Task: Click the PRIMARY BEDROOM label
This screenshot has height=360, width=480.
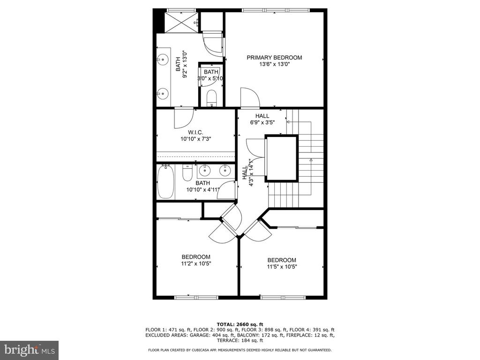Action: coord(274,58)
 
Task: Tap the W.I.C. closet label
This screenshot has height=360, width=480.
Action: coord(195,132)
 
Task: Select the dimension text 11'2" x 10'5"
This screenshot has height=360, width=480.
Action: coord(196,263)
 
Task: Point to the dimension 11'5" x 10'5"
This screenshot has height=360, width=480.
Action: coord(282,267)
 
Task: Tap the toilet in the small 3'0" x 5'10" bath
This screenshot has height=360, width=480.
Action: coord(211,97)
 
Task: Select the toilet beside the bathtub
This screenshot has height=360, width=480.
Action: coord(187,172)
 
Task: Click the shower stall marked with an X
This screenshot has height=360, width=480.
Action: coord(181,22)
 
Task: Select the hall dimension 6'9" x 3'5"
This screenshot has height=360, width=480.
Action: coord(262,122)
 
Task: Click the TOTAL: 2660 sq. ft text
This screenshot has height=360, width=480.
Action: coord(240,324)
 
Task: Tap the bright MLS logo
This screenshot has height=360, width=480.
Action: coord(30,350)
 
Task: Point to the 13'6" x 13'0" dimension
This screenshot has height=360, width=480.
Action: coord(274,64)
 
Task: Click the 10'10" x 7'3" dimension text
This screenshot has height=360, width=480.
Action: coord(196,139)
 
